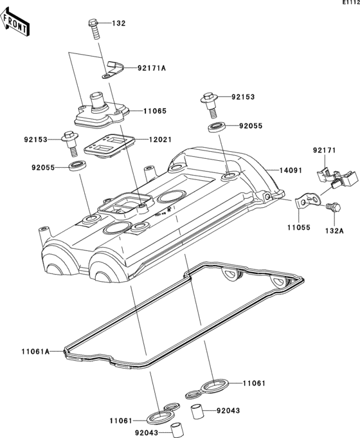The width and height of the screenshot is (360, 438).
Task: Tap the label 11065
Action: [x=154, y=111]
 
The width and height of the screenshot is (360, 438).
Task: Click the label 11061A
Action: [x=33, y=351]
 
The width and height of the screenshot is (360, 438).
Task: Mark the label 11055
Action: [x=290, y=227]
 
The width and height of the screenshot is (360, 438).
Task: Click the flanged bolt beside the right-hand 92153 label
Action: [x=207, y=100]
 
